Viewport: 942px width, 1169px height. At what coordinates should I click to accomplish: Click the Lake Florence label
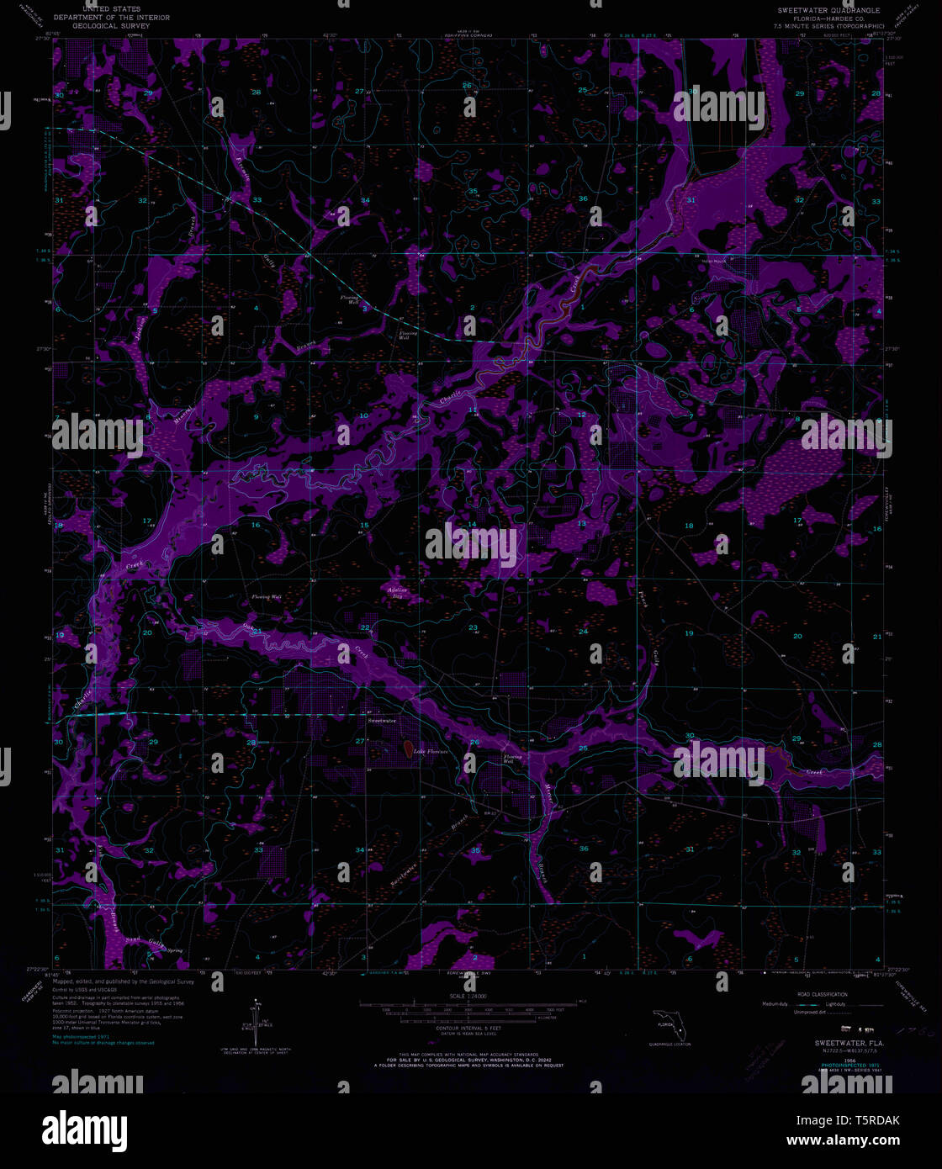pos(430,750)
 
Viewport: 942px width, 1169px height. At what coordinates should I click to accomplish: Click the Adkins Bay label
pos(396,592)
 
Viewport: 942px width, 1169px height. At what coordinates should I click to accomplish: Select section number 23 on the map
pos(473,628)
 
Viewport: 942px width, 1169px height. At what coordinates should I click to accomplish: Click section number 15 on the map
pos(364,526)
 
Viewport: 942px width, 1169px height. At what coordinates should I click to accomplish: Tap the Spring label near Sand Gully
pos(174,950)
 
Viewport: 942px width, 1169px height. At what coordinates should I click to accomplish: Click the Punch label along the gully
pos(642,600)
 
